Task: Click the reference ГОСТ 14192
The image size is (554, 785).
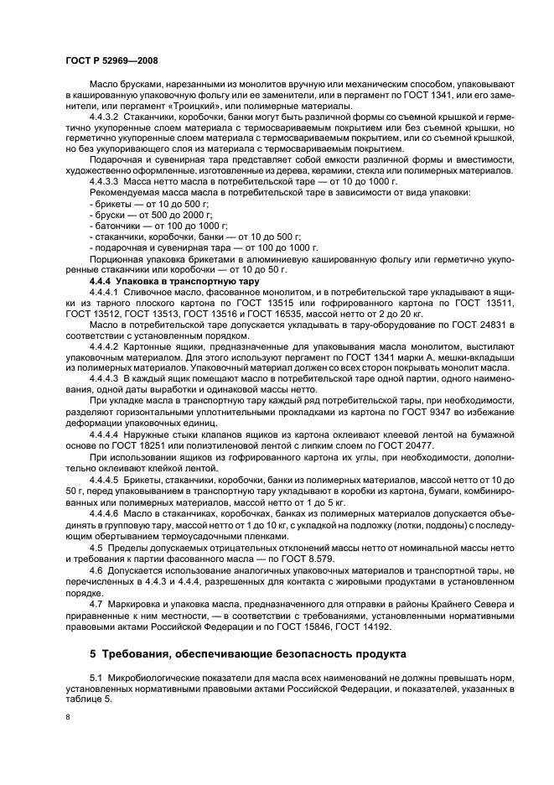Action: pos(365,626)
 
